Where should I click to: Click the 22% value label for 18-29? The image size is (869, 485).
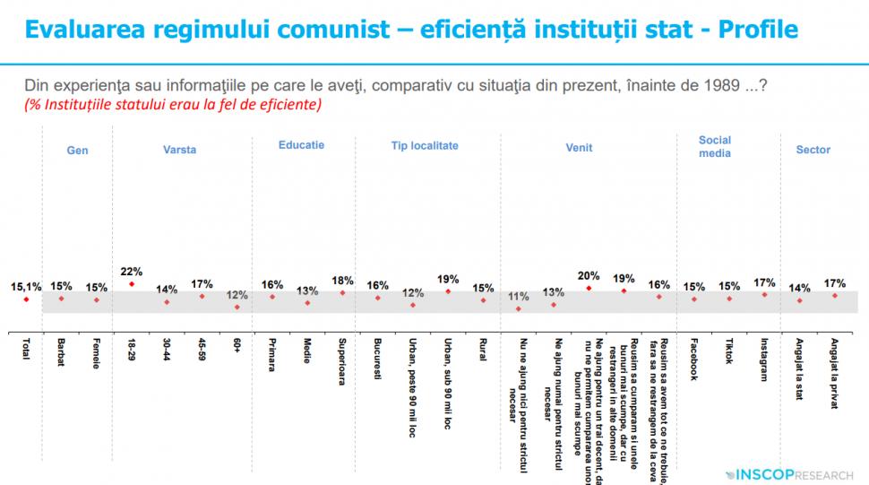click(132, 272)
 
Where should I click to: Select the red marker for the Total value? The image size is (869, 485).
click(26, 299)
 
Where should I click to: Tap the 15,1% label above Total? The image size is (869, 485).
click(26, 287)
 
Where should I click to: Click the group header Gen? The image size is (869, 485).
click(78, 151)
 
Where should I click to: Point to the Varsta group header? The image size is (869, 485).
click(179, 151)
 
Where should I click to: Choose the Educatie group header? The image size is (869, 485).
click(301, 144)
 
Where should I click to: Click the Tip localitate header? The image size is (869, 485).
click(425, 144)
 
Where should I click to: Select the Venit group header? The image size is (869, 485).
click(579, 151)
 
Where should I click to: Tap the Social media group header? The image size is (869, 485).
click(715, 146)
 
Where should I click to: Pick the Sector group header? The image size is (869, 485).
click(813, 151)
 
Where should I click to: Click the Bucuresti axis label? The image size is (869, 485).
click(377, 359)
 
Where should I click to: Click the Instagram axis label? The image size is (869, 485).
click(764, 359)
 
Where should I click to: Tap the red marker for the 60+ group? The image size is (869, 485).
click(237, 307)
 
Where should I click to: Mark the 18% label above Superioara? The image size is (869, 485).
click(342, 280)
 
